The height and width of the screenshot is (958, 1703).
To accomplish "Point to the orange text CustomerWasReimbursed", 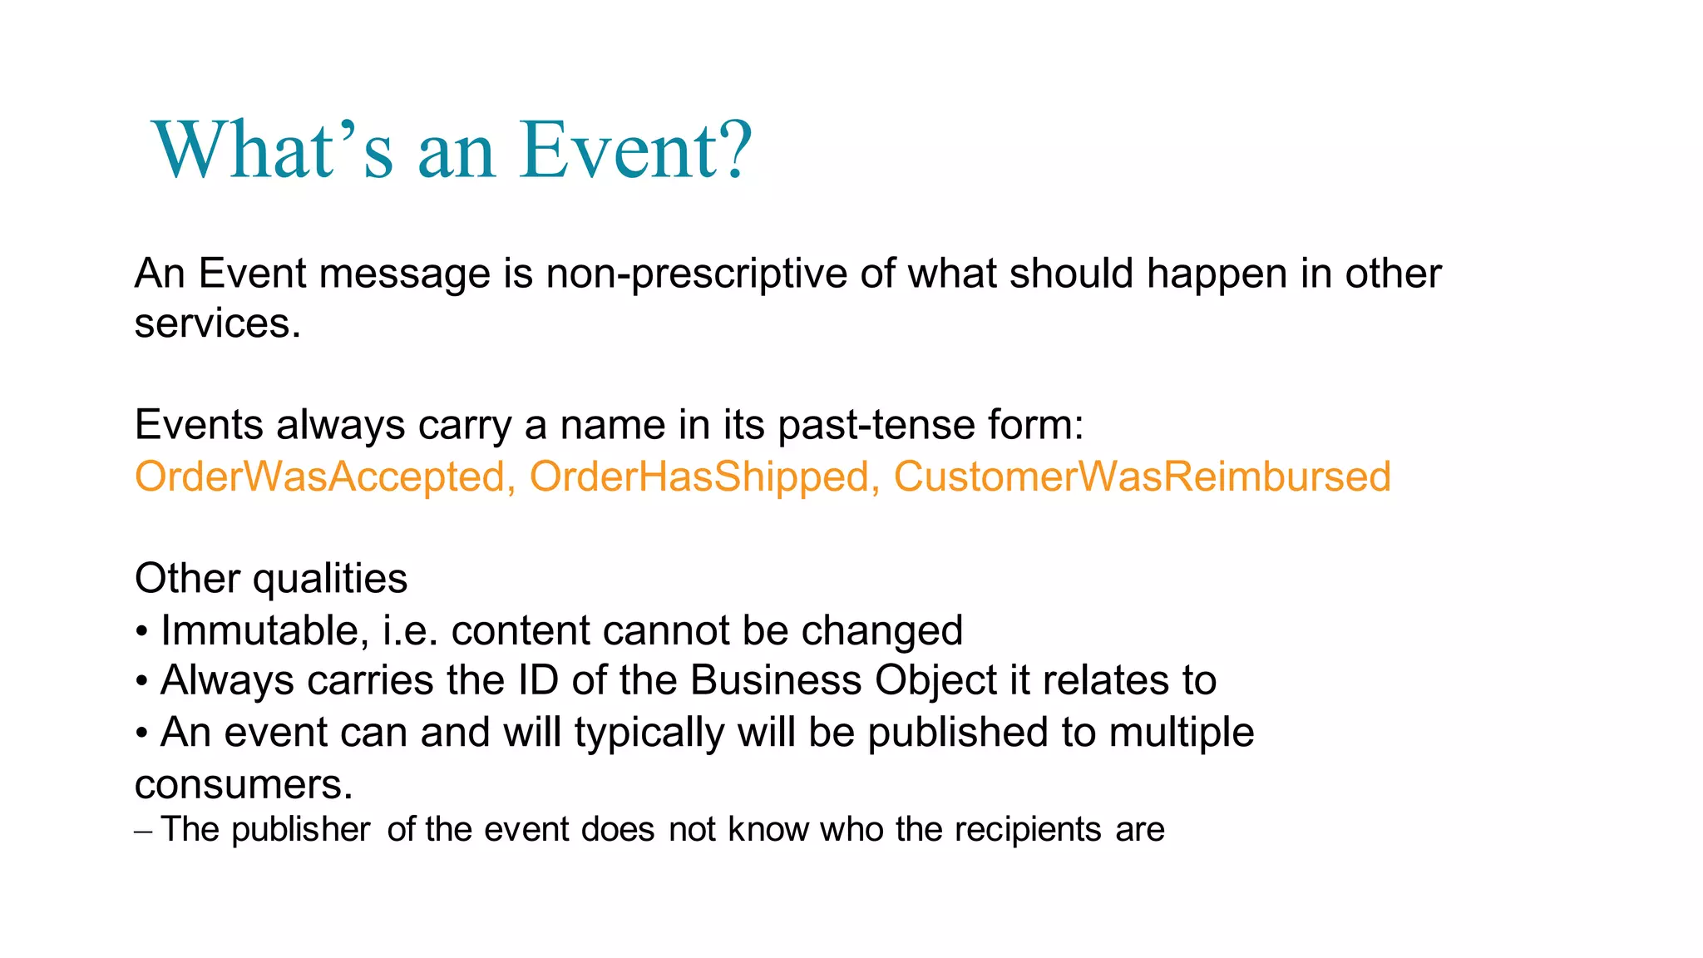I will (1141, 477).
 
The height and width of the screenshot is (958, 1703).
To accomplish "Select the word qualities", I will (330, 580).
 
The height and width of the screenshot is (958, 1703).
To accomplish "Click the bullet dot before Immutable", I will (142, 633).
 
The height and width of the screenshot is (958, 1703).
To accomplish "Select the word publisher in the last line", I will (300, 830).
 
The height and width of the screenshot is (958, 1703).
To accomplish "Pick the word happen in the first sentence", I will (1217, 275).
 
